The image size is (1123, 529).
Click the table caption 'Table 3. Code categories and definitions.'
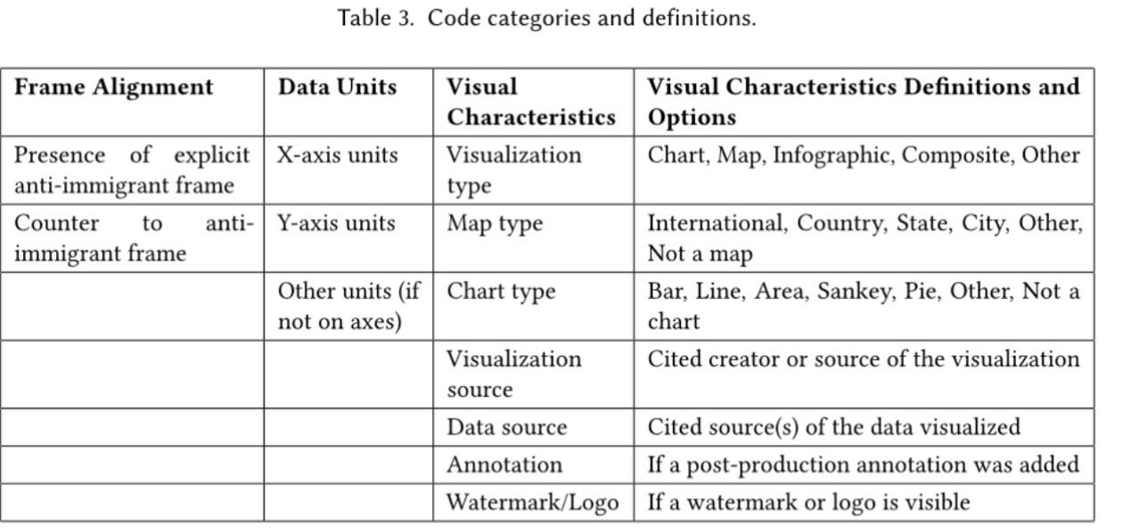coord(546,18)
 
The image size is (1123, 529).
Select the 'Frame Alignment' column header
coord(113,87)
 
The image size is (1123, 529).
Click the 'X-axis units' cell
coord(337,155)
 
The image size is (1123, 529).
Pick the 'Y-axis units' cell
coord(336,223)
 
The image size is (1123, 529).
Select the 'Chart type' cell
coord(501,292)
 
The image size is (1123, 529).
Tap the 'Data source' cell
coord(506,427)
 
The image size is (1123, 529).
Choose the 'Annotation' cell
coord(504,465)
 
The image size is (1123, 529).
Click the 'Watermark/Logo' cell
coord(532,502)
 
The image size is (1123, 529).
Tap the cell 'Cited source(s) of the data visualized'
coord(833,427)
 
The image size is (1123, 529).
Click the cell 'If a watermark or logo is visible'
coord(808,502)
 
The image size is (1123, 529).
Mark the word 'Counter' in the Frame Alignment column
coord(56,223)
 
